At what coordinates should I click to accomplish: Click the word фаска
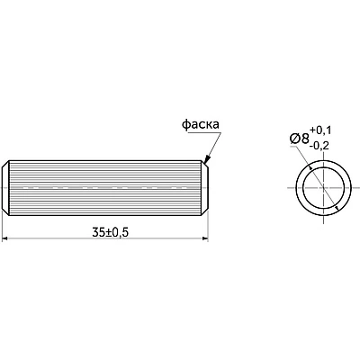click(201, 124)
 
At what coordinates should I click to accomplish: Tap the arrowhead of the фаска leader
click(207, 159)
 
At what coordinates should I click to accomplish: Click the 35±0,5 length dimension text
click(111, 232)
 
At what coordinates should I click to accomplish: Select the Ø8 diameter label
click(300, 139)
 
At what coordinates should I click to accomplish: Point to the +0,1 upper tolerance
click(320, 130)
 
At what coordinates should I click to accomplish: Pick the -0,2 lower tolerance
click(320, 146)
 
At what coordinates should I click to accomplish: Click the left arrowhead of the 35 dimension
click(4, 238)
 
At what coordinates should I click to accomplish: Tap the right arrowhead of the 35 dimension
click(205, 238)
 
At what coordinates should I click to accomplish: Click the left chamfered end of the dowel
click(5, 188)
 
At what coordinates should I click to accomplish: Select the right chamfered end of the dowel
click(204, 188)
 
